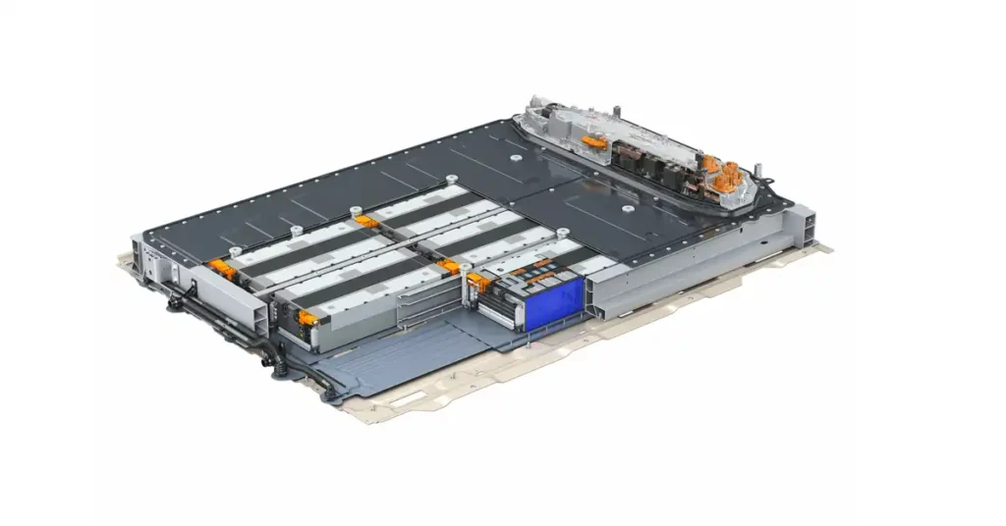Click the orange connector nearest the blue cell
[x=478, y=282]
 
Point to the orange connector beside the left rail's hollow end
[x=308, y=317]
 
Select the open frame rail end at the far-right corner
[x=804, y=228]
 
